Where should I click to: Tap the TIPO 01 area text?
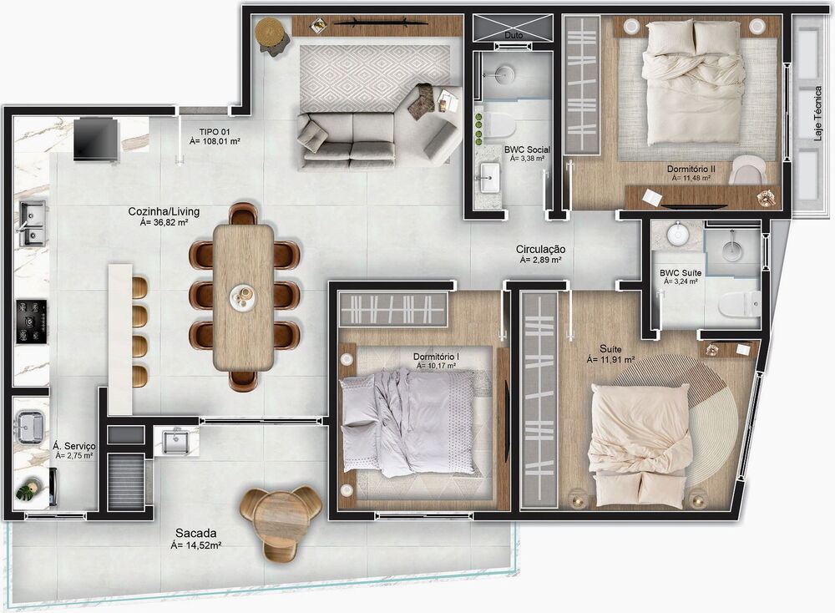(x=215, y=137)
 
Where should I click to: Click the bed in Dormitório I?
(x=409, y=423)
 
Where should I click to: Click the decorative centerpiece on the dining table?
(x=244, y=296)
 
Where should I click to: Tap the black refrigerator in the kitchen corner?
(x=95, y=139)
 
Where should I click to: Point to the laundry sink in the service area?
(x=29, y=427)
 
